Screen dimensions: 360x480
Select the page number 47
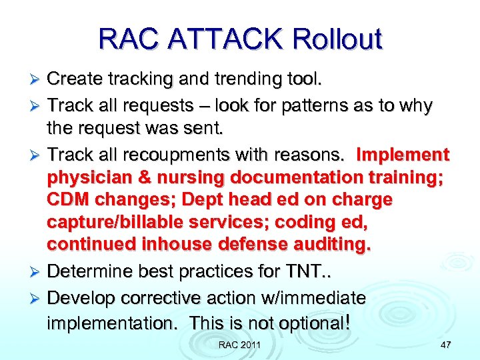pos(445,345)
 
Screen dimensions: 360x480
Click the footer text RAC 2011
pos(239,345)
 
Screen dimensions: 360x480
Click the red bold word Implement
pos(403,155)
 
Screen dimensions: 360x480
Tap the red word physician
pos(85,179)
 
